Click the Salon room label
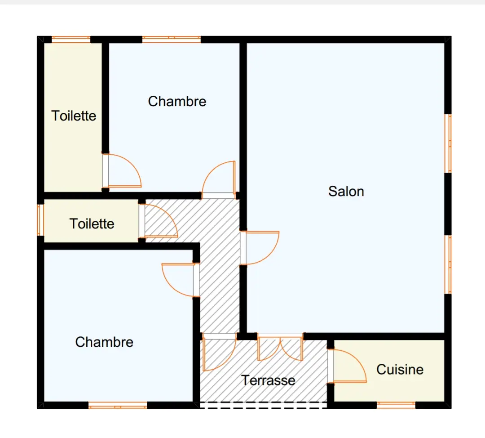(346, 192)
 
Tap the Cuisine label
(400, 369)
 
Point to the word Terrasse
(268, 380)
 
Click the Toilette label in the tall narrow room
(74, 116)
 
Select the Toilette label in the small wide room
(92, 223)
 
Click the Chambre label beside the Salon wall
(177, 101)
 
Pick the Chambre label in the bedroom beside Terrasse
(104, 342)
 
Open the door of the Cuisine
(347, 366)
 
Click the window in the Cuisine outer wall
(396, 405)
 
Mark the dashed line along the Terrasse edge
(263, 405)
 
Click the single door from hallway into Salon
(260, 248)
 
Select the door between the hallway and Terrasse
(219, 353)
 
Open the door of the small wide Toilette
(159, 220)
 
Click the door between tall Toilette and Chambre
(122, 171)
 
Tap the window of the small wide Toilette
(40, 220)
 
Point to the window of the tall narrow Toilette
(71, 40)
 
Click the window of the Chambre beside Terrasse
(118, 405)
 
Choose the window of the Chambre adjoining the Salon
(172, 40)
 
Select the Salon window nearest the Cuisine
(448, 264)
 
